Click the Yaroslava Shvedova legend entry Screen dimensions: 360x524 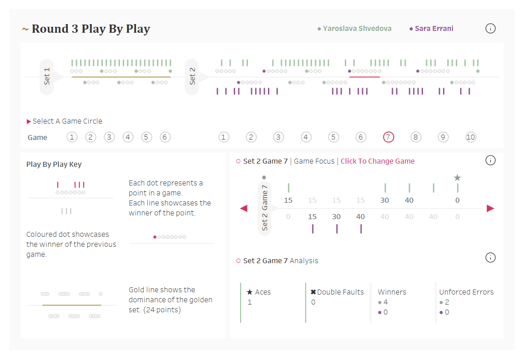click(357, 29)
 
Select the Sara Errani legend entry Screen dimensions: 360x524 click(433, 29)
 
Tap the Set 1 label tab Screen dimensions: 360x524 click(47, 76)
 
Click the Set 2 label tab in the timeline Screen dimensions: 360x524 click(192, 76)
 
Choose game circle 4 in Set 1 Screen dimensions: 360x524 click(128, 137)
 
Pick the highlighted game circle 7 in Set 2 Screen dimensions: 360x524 click(388, 137)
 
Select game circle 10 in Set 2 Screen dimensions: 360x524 click(471, 137)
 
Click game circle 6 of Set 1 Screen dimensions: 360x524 click(165, 137)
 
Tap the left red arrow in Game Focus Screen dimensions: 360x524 click(244, 208)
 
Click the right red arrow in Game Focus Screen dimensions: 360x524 click(490, 208)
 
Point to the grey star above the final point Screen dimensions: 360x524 click(458, 178)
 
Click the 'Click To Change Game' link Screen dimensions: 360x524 click(378, 161)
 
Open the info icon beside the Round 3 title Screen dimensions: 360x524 click(490, 29)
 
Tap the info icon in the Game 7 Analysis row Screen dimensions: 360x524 click(490, 258)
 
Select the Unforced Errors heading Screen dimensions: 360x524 click(466, 292)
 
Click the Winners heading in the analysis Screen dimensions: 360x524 click(392, 292)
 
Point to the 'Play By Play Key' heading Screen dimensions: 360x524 click(54, 165)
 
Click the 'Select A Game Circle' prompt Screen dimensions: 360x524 click(67, 121)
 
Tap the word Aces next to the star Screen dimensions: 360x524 click(263, 292)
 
